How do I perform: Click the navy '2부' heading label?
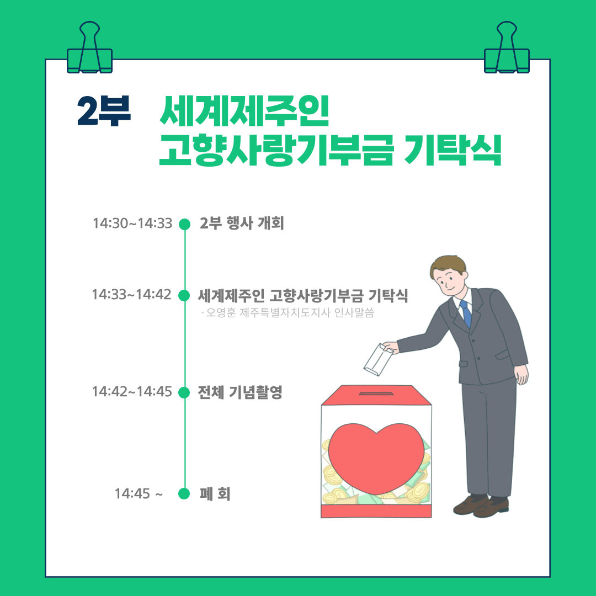(x=104, y=110)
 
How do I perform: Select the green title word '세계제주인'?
(x=244, y=110)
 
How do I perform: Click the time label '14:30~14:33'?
(x=132, y=223)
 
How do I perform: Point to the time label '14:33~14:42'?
(x=131, y=294)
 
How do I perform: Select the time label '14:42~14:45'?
(x=132, y=391)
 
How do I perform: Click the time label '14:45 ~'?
(x=139, y=493)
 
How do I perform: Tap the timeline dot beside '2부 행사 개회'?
(x=184, y=224)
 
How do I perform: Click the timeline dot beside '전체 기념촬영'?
(x=184, y=392)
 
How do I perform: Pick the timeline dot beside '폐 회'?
(x=184, y=493)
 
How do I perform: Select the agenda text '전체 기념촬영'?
(x=240, y=392)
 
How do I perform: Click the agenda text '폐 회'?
(x=215, y=494)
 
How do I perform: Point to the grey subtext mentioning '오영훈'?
(x=288, y=312)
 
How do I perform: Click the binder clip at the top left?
(x=90, y=47)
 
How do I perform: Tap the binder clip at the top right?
(x=507, y=47)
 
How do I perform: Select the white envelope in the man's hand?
(x=378, y=360)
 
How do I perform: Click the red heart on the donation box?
(x=376, y=458)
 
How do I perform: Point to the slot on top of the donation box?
(x=376, y=393)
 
